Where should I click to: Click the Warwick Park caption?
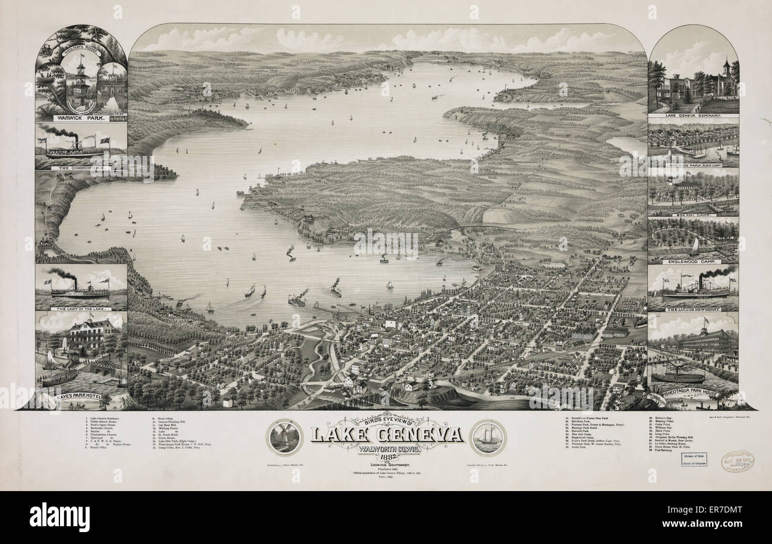[81, 117]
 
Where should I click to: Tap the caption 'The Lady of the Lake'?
[81, 309]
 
